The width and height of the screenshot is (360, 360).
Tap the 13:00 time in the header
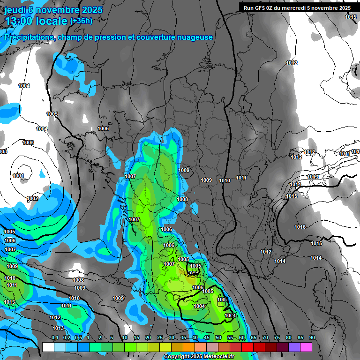20,21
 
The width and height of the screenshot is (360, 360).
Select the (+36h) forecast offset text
81,21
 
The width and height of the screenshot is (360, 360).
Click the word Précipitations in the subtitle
28,37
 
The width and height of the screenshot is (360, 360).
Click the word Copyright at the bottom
177,357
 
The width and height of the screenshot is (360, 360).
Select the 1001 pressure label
18,176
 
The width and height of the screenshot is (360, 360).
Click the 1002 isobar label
32,199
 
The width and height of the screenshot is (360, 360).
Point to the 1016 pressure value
300,227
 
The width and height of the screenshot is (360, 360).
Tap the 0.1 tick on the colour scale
55,338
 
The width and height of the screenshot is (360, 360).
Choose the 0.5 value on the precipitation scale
79,338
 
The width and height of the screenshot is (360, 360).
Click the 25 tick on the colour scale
160,338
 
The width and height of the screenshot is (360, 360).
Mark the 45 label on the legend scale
207,338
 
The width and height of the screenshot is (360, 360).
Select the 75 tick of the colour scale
277,338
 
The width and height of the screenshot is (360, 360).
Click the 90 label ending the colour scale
312,338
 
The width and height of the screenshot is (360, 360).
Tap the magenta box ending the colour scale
306,347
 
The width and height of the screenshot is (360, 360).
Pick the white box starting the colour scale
48,347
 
